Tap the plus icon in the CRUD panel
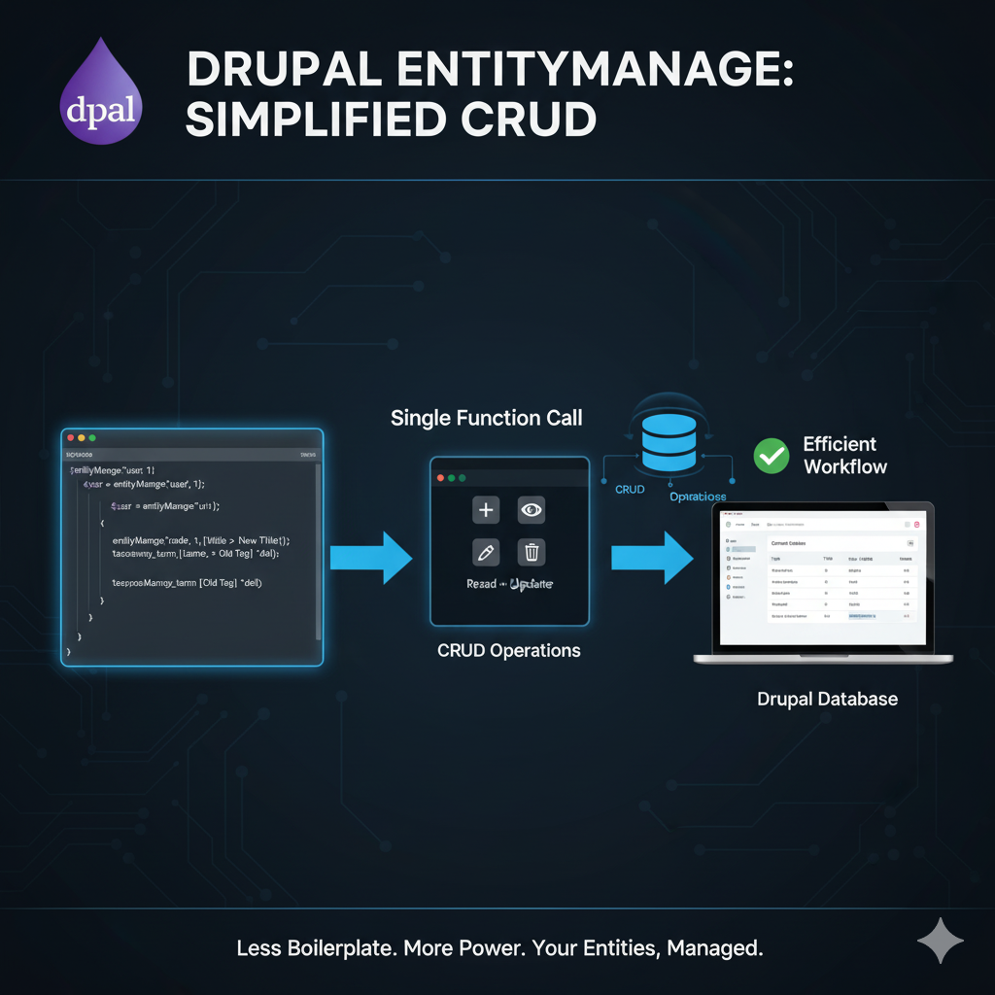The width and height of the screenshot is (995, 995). pyautogui.click(x=486, y=509)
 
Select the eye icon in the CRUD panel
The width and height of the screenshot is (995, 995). pyautogui.click(x=532, y=509)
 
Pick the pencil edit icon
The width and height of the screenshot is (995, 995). pyautogui.click(x=486, y=553)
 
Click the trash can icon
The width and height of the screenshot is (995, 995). pyautogui.click(x=532, y=553)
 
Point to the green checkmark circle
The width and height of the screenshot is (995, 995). pyautogui.click(x=772, y=455)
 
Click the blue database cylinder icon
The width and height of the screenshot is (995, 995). pyautogui.click(x=669, y=442)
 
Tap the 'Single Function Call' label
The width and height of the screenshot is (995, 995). pyautogui.click(x=487, y=419)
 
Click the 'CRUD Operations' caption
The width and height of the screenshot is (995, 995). pyautogui.click(x=509, y=650)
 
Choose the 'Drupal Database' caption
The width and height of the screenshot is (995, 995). pyautogui.click(x=827, y=699)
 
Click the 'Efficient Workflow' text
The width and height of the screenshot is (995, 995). pyautogui.click(x=844, y=455)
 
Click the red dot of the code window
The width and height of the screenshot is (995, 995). pyautogui.click(x=69, y=438)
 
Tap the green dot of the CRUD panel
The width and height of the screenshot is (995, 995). pyautogui.click(x=463, y=478)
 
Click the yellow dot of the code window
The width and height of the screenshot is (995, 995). pyautogui.click(x=81, y=438)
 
